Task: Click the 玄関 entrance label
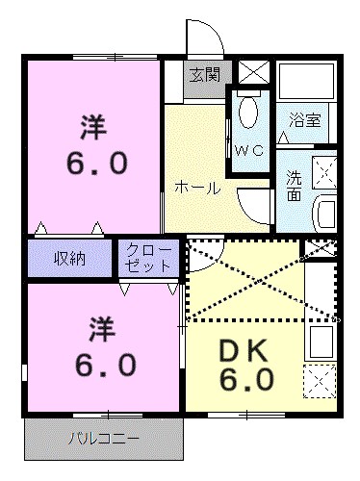click(204, 75)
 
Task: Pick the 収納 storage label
click(69, 258)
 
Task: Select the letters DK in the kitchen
click(248, 350)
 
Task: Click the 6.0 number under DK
click(247, 381)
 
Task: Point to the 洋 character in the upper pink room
click(92, 126)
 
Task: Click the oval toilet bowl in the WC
click(248, 113)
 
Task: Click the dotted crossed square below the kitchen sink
click(321, 379)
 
